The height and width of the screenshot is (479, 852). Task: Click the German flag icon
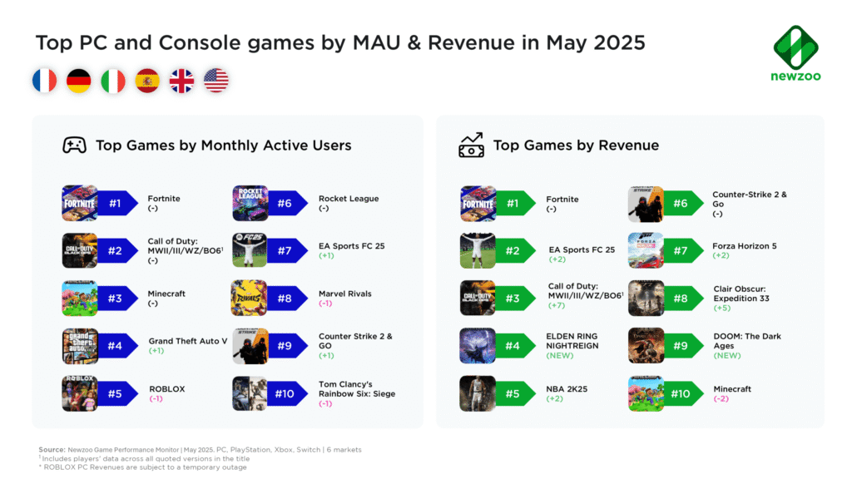(x=79, y=81)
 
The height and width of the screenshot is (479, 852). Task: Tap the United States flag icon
(x=215, y=81)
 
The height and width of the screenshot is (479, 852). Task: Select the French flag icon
(x=45, y=81)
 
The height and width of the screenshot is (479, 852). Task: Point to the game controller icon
(x=74, y=146)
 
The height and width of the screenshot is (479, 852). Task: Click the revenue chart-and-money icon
(x=471, y=146)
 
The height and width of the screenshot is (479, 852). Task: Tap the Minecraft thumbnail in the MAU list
(x=79, y=298)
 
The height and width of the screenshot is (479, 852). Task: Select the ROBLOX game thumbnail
(x=79, y=393)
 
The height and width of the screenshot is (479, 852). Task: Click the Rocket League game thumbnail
(x=250, y=203)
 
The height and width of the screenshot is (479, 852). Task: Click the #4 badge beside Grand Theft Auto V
(x=115, y=346)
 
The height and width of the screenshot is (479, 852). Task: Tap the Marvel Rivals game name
(x=344, y=294)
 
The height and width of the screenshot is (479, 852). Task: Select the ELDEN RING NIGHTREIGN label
(x=572, y=341)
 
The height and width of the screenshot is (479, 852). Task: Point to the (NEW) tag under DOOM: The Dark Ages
(x=727, y=355)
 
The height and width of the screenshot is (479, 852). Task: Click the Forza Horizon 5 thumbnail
(x=646, y=250)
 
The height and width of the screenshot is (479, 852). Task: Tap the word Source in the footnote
(x=52, y=450)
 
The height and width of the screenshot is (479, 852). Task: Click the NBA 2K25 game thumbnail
(x=477, y=393)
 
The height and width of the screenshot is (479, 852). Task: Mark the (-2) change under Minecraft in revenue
(x=722, y=399)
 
